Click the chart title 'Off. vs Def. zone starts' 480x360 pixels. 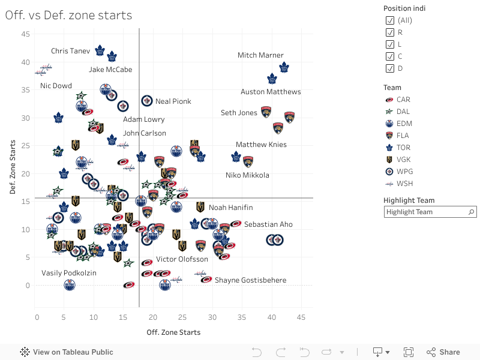tap(68, 15)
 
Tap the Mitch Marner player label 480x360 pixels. tap(260, 55)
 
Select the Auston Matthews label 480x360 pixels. tap(271, 92)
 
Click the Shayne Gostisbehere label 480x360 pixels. tap(250, 280)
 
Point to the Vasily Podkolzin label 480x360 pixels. tap(69, 273)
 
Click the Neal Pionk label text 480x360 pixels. tap(173, 101)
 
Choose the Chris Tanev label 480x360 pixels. tap(70, 51)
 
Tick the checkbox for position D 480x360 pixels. tap(390, 68)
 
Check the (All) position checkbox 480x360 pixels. tap(390, 20)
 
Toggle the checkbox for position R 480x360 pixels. tap(390, 32)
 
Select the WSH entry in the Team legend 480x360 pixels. tap(404, 184)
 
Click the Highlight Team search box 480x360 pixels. tap(426, 212)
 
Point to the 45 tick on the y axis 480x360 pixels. tap(26, 34)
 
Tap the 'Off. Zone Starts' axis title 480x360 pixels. tap(173, 332)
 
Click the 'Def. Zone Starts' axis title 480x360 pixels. tap(13, 167)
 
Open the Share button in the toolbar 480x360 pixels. tap(443, 352)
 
